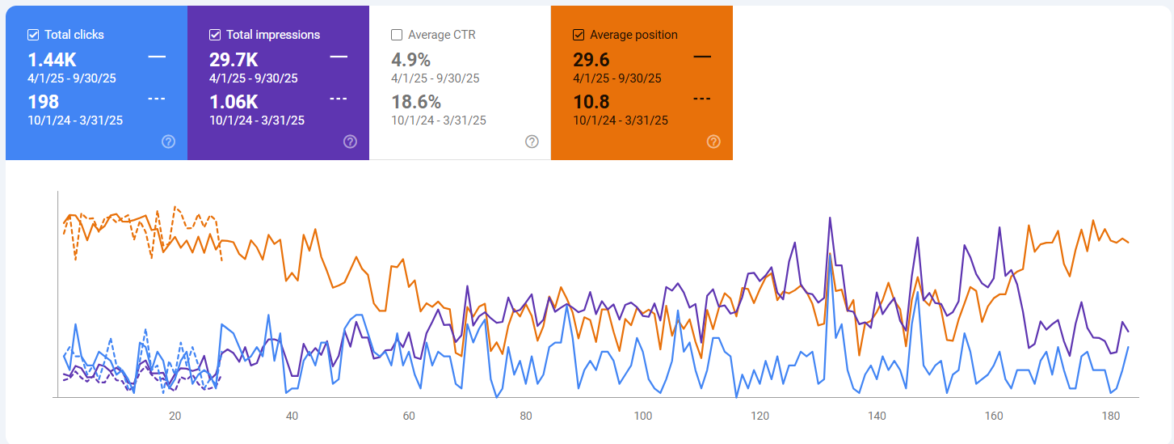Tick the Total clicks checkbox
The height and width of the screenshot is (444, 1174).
click(33, 35)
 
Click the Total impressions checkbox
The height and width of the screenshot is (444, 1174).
click(215, 35)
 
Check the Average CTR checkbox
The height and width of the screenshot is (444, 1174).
click(397, 35)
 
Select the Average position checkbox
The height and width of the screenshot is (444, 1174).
click(579, 35)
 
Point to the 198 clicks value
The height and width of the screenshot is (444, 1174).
click(43, 102)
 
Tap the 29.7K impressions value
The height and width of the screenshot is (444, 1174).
click(234, 60)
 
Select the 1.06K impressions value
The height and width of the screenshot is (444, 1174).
click(234, 102)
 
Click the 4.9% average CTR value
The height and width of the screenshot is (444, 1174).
click(410, 60)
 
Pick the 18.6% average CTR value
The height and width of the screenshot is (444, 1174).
click(416, 102)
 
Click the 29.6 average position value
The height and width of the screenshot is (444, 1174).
click(591, 60)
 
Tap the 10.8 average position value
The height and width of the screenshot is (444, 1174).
click(591, 102)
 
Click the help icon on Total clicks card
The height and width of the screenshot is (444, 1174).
click(168, 142)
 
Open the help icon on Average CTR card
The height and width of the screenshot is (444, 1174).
click(532, 142)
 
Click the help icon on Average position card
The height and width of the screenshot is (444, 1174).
click(713, 142)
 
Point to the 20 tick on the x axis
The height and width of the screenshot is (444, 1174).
click(175, 416)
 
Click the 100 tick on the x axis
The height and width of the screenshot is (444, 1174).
click(643, 416)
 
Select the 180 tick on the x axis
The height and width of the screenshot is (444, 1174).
click(1111, 416)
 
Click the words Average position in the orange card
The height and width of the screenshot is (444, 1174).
click(633, 35)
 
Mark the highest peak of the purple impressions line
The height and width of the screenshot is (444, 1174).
click(830, 218)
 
